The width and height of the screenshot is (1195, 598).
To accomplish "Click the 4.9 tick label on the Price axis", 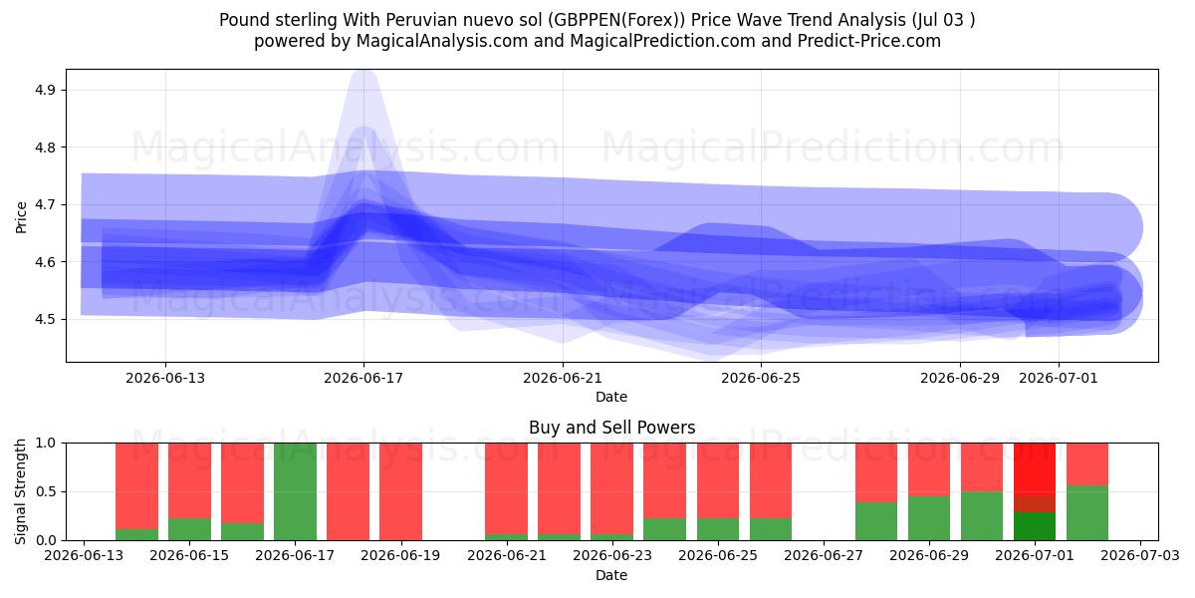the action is (x=45, y=90).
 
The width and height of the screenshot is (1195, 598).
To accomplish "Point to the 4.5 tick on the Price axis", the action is (x=45, y=319).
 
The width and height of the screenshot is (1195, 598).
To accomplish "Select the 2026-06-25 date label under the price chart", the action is (x=761, y=378).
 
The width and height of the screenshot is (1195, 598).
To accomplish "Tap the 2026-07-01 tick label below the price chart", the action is (x=1059, y=378).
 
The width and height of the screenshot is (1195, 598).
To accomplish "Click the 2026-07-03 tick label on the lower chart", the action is (x=1140, y=555).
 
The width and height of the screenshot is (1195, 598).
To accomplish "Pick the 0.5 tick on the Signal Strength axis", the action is (x=46, y=491).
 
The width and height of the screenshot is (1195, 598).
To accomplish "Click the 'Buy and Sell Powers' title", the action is (x=611, y=428).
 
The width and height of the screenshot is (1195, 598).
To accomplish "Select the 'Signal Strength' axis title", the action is (x=20, y=491).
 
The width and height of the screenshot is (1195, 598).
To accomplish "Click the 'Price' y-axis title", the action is (x=21, y=217).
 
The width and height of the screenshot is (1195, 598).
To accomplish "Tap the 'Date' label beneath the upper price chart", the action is (x=611, y=397).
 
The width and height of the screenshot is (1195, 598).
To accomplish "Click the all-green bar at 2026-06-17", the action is (x=295, y=491).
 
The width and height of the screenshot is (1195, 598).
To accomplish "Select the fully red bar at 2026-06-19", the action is (x=400, y=491).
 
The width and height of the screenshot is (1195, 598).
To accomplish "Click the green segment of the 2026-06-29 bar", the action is (x=929, y=518).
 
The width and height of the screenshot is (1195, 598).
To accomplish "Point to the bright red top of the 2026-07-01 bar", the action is (x=1035, y=469).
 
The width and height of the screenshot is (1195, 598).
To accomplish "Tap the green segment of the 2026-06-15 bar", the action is (x=189, y=529).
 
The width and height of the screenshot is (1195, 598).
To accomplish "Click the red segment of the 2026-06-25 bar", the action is (x=771, y=480).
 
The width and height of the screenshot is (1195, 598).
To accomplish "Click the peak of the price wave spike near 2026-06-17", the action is (x=364, y=72).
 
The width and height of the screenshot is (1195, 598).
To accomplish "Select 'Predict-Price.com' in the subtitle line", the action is (x=869, y=41).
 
